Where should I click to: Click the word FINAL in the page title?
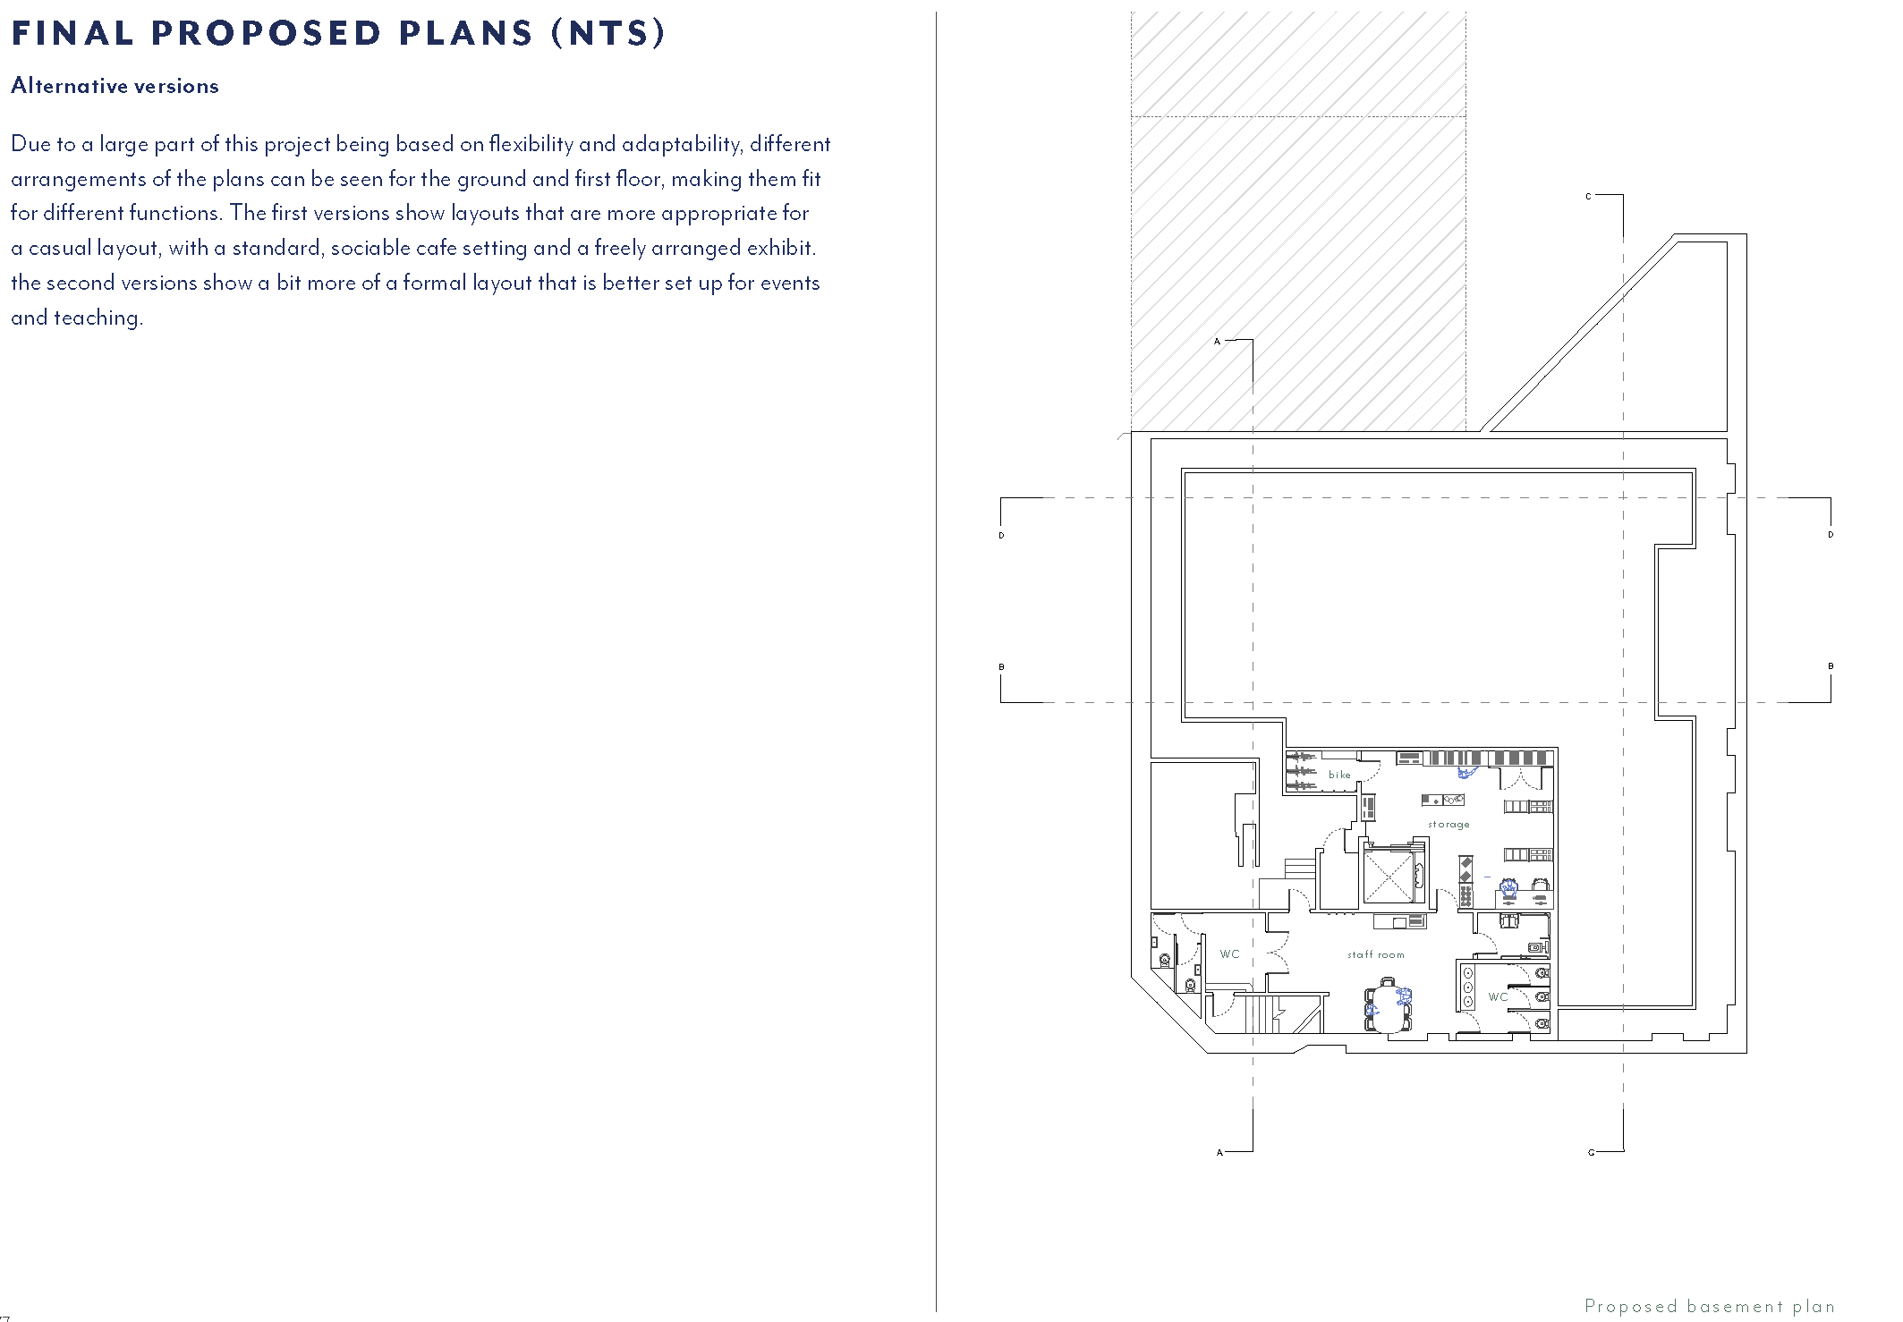pos(72,33)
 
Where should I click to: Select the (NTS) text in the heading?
pos(609,33)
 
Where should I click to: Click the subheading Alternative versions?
pos(115,86)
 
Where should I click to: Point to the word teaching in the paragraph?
pos(98,318)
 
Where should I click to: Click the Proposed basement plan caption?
pos(1709,1306)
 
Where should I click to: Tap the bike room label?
pos(1339,775)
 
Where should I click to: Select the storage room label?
pos(1448,825)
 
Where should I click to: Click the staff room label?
pos(1376,955)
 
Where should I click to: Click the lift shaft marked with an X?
pos(1387,877)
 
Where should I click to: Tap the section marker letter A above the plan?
pos(1217,342)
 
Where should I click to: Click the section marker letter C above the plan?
pos(1588,196)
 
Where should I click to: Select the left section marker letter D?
pos(1001,536)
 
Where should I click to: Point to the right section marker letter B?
pos(1831,666)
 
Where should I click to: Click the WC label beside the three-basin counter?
pos(1498,996)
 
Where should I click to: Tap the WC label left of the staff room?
pos(1230,954)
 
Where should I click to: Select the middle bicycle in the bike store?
pos(1302,770)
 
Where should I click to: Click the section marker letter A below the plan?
pos(1219,1153)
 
